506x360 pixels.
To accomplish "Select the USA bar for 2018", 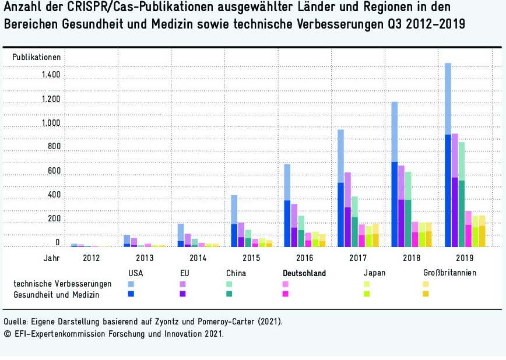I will pos(395,174).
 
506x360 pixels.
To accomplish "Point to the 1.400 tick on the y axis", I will pos(51,75).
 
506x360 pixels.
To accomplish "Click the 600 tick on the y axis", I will pos(54,171).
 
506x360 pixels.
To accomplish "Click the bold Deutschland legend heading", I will pos(304,273).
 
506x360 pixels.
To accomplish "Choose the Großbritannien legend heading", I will pos(450,273).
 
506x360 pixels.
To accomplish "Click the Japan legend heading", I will pos(374,273).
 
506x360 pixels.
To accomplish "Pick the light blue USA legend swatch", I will pos(131,284).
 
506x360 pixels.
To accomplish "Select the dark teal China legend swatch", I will pos(230,294).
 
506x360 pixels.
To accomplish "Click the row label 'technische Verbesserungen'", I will pos(62,284).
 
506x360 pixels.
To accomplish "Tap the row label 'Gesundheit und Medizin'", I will pos(57,295).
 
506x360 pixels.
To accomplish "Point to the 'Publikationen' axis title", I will pos(37,57).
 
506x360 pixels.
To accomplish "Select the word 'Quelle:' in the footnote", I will pos(16,321).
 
